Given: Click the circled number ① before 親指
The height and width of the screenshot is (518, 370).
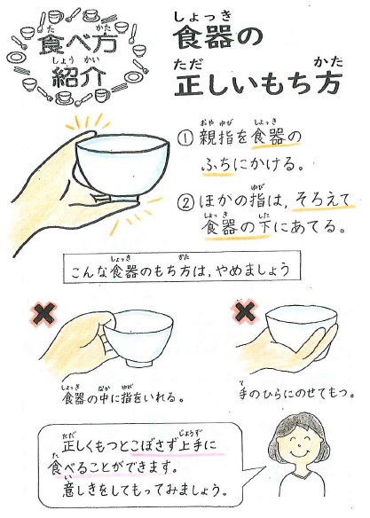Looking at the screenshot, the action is click(x=186, y=138).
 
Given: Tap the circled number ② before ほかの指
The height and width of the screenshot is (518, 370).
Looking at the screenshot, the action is click(x=186, y=202).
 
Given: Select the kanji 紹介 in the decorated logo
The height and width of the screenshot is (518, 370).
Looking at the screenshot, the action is click(x=79, y=76).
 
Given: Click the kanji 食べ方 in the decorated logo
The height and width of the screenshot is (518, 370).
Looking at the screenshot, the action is click(x=78, y=43).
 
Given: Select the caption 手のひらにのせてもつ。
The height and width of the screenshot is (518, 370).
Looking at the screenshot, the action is click(x=296, y=393).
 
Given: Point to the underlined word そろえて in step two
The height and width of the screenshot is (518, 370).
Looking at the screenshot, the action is click(x=322, y=200).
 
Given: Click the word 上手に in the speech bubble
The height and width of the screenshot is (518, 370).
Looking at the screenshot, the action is click(x=197, y=445).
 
